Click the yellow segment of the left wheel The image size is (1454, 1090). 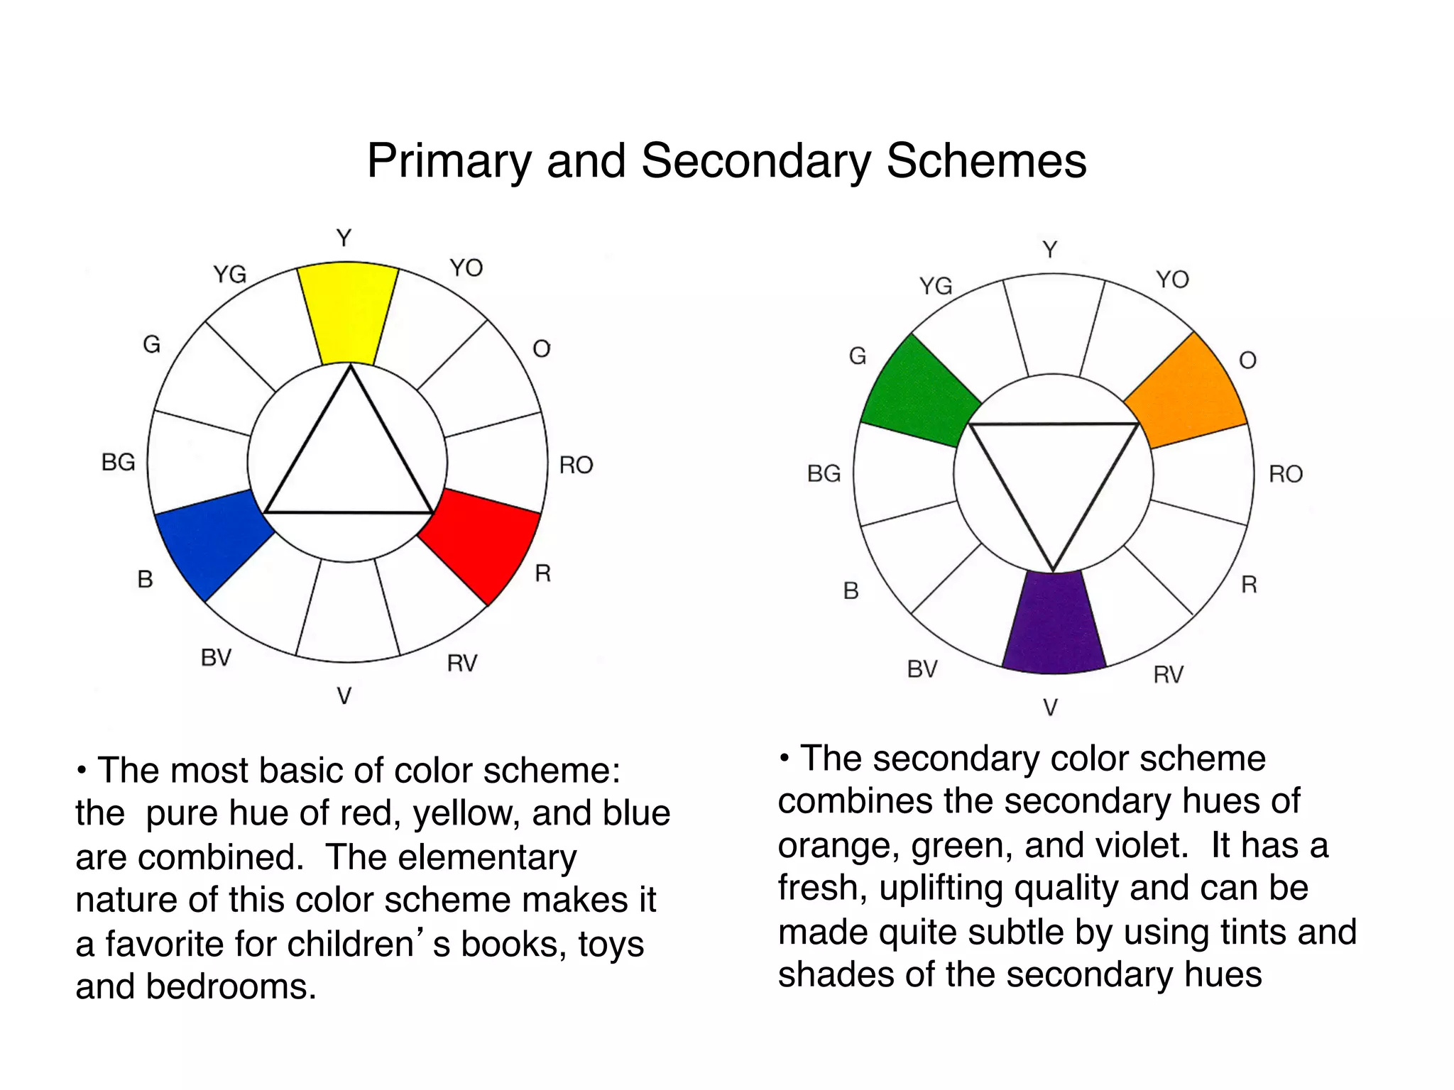(347, 312)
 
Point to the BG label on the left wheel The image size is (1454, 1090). (118, 462)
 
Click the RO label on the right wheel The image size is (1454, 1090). (1286, 473)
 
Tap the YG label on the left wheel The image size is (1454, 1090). (229, 274)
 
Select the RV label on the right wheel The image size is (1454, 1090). (1169, 674)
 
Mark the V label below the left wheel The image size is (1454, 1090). (344, 696)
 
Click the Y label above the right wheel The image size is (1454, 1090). (1050, 249)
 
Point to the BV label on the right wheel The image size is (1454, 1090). (922, 668)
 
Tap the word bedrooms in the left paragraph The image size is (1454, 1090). (231, 986)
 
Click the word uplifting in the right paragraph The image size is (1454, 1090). (940, 888)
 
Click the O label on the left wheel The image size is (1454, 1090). (542, 348)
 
